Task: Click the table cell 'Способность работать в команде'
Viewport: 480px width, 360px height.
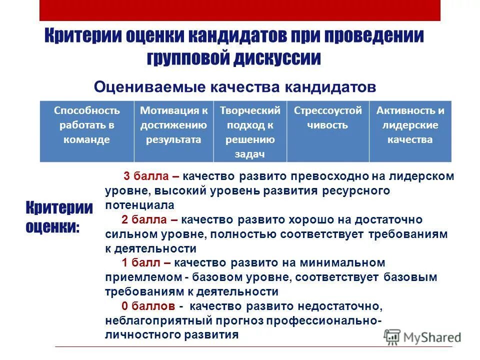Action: (x=87, y=131)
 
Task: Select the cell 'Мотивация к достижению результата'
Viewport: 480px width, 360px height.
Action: (x=173, y=131)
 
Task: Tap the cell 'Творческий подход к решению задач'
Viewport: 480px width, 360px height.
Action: (x=250, y=131)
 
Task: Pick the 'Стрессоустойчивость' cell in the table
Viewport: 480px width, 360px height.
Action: (x=328, y=131)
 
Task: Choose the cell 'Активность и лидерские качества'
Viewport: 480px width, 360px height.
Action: (x=410, y=131)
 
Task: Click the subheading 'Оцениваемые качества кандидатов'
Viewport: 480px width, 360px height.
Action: (x=235, y=87)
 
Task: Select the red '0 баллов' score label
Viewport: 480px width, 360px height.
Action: (x=148, y=306)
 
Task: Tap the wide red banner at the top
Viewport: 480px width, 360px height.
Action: (x=240, y=10)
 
